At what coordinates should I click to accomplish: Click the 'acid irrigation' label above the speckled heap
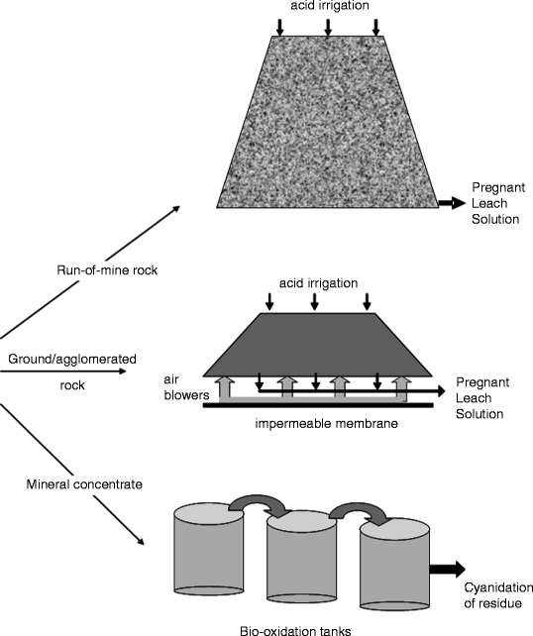[x=327, y=7]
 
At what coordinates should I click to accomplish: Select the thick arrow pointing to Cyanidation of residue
[x=448, y=569]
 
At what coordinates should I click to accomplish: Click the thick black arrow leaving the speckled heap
[x=451, y=202]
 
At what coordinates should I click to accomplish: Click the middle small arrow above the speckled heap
[x=327, y=27]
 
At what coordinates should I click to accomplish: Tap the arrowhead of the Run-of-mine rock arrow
[x=176, y=208]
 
